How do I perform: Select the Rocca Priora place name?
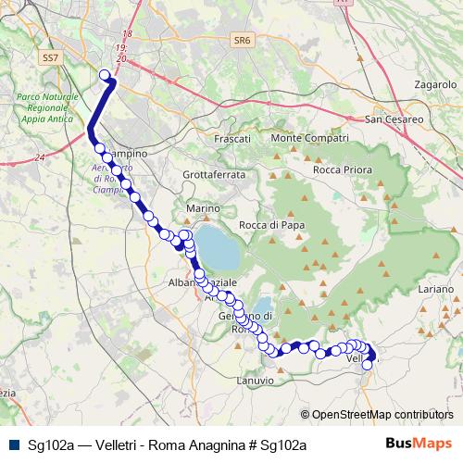tap(343, 170)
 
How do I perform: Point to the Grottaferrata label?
tap(214, 174)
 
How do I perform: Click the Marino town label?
tap(201, 209)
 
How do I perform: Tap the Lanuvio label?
tap(256, 381)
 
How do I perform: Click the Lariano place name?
tap(434, 290)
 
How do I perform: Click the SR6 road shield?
tap(243, 41)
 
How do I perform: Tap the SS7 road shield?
tap(50, 57)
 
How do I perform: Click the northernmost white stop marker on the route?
tap(105, 76)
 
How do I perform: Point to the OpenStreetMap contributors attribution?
tap(382, 415)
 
